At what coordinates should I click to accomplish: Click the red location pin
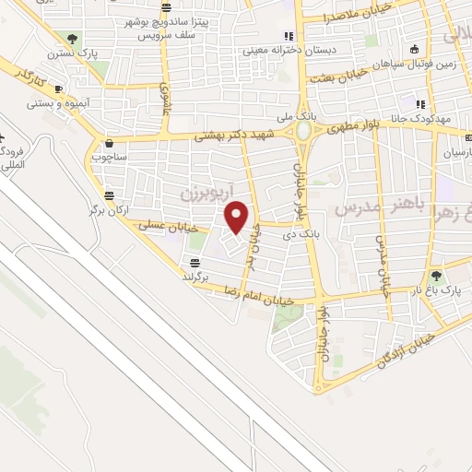tap(237, 218)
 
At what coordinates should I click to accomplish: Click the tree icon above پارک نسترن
tap(72, 39)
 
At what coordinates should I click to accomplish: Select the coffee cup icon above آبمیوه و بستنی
tap(58, 89)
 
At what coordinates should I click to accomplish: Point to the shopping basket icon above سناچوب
tap(110, 144)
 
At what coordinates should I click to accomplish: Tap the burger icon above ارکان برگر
tap(110, 195)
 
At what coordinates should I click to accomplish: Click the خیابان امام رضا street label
tap(261, 296)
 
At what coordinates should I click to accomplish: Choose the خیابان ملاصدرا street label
tap(359, 12)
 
